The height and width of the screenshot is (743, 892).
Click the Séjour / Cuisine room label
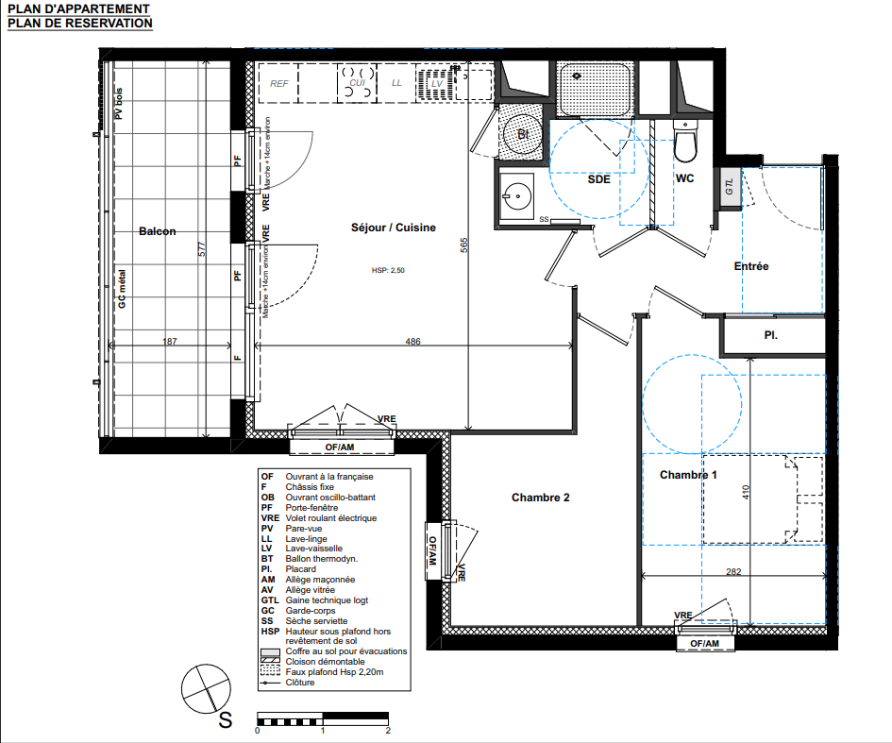[x=393, y=228]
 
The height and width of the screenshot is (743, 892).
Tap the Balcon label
[x=158, y=231]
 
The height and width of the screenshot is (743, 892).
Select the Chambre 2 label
[x=541, y=498]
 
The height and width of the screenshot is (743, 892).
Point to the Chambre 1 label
[x=688, y=475]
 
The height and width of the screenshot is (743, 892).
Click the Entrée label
[x=751, y=266]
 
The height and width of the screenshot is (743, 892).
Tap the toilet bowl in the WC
[x=685, y=144]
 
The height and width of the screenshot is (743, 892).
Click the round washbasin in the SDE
[x=516, y=196]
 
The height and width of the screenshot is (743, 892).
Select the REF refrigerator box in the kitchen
[x=278, y=83]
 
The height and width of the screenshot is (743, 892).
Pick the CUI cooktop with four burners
[x=357, y=83]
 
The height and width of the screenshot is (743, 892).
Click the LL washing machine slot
[x=396, y=83]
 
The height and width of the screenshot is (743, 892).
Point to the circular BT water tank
[x=523, y=134]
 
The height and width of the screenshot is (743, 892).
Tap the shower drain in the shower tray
[x=577, y=76]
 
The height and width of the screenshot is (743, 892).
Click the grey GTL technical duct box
[x=731, y=187]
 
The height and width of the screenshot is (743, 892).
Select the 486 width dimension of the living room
[x=413, y=342]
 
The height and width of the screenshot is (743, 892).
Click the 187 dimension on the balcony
[x=170, y=342]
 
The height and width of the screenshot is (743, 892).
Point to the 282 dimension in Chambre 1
[x=733, y=572]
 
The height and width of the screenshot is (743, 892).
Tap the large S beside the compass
[x=226, y=720]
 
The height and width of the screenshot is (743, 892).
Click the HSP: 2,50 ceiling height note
[x=388, y=270]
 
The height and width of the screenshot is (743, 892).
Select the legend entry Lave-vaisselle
[x=314, y=549]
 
